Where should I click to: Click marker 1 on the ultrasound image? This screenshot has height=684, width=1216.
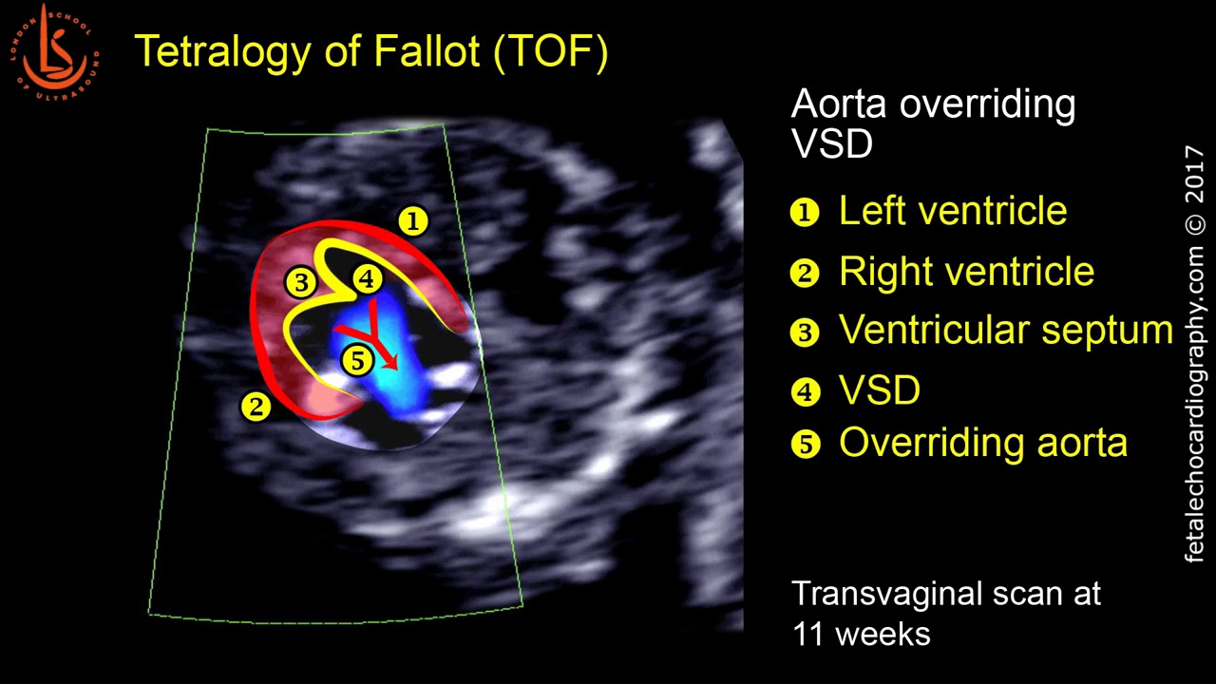412,221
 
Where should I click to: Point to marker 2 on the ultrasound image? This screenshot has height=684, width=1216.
256,407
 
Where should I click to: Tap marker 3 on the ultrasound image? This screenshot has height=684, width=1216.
301,282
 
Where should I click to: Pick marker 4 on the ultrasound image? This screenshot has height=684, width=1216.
368,279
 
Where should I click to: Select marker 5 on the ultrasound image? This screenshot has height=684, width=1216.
357,361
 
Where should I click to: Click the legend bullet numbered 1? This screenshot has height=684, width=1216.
805,213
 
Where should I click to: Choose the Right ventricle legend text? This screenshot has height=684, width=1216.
966,273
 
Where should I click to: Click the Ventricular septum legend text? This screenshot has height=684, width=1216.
1006,331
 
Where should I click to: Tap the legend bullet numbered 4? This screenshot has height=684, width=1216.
805,391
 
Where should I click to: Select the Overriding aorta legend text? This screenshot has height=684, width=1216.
982,443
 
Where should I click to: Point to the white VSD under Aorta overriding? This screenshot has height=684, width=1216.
831,143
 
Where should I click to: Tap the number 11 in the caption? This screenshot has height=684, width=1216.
808,633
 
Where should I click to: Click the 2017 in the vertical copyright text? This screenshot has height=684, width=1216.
1194,175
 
